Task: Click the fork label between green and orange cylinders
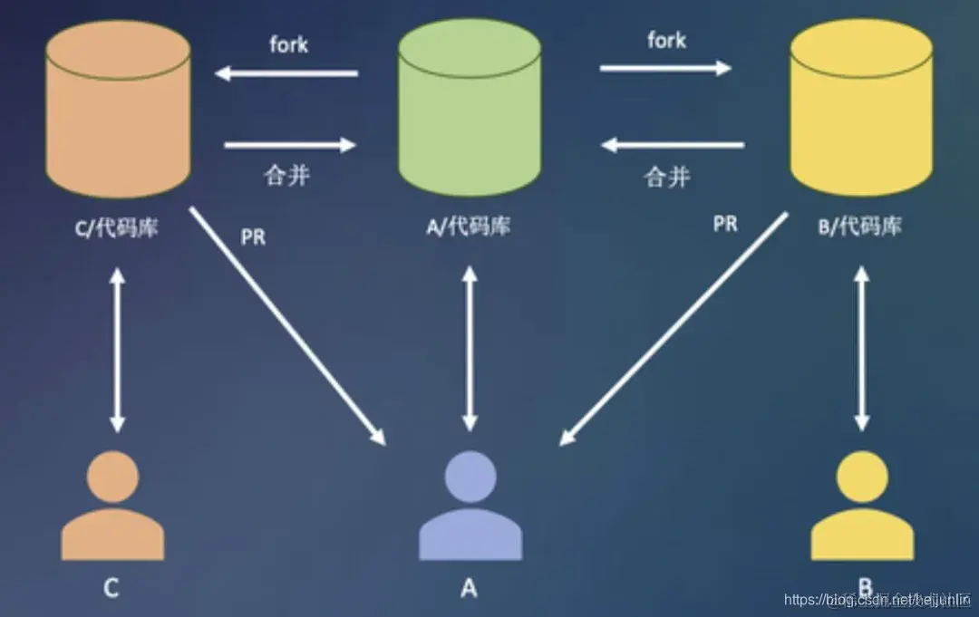pos(288,44)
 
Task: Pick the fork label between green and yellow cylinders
pos(666,40)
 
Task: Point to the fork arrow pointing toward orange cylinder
pos(286,73)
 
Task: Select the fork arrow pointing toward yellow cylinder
pos(665,67)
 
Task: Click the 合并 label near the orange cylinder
pos(287,175)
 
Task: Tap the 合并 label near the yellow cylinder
pos(667,176)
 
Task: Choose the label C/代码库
pos(116,227)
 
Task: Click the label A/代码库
pos(468,226)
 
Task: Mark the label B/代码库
pos(860,227)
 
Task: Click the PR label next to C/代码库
pos(254,237)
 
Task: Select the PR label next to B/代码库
pos(725,223)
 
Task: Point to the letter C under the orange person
pos(111,588)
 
